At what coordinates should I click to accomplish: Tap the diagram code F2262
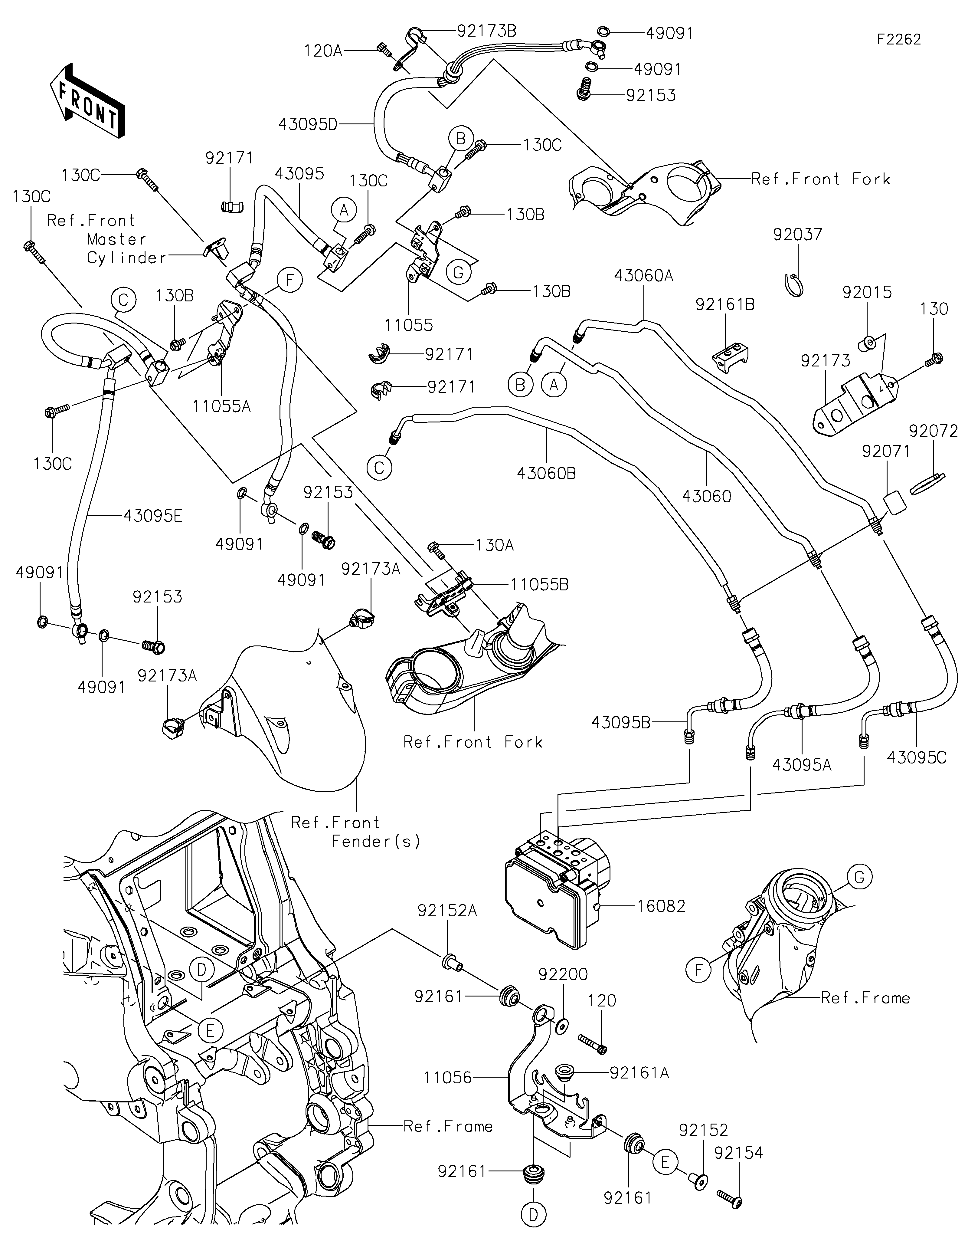tap(899, 40)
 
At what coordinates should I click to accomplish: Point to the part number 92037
tap(797, 234)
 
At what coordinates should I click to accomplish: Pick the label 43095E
tap(153, 516)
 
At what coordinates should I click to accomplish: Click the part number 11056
tap(448, 1078)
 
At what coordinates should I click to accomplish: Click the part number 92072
tap(933, 431)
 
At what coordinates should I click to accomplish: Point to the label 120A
tap(323, 51)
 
